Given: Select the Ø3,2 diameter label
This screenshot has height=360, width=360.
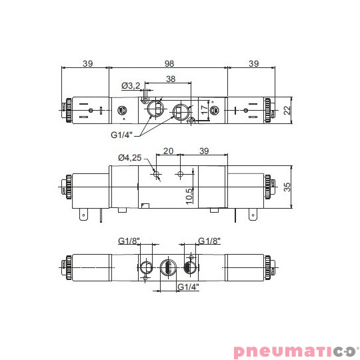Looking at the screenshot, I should tap(131, 85).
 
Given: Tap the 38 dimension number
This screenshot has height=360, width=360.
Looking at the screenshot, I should tap(170, 79).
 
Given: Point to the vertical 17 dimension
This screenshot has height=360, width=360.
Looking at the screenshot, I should tap(203, 111).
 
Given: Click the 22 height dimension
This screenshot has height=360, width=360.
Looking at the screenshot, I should tap(287, 110).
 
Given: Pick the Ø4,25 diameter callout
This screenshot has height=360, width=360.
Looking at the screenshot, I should tap(129, 158).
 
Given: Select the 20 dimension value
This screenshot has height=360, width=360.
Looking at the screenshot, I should tap(168, 151).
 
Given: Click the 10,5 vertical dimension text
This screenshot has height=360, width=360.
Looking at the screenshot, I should tap(189, 195).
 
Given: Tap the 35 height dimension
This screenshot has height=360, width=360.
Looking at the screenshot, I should tap(287, 187).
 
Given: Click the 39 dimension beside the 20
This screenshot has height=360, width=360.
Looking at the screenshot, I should tap(204, 151).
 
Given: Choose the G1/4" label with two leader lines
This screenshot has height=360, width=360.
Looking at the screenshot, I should tap(122, 134).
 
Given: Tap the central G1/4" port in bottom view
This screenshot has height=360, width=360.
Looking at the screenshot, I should tap(167, 268).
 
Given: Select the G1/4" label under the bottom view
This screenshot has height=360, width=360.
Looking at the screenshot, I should tap(189, 288).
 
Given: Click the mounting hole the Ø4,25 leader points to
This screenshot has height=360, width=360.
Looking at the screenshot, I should tap(156, 175).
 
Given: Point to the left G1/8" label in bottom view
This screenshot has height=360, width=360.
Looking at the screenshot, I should tap(129, 241).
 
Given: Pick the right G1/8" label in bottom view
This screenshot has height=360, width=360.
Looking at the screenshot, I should tap(209, 241).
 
